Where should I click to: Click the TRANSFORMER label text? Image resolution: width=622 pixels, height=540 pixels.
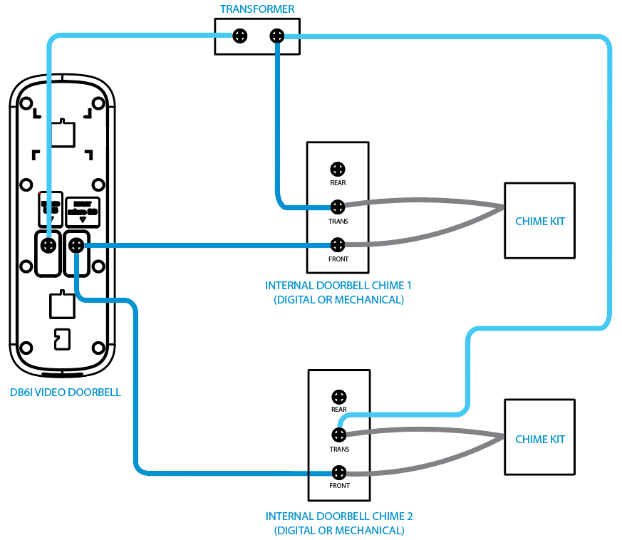257,9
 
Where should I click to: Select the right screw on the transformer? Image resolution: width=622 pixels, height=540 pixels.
276,36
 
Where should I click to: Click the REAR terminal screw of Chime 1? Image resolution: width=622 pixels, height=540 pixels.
338,169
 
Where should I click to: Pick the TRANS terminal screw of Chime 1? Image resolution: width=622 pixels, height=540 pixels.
338,207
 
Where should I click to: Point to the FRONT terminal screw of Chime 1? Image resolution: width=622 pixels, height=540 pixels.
338,246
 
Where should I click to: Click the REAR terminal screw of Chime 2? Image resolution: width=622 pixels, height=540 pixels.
339,396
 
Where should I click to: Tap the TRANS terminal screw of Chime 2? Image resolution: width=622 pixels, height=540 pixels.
339,434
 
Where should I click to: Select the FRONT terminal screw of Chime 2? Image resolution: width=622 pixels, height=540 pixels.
339,472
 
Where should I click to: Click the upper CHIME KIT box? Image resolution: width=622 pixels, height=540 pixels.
539,221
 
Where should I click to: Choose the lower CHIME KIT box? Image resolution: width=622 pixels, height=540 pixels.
539,439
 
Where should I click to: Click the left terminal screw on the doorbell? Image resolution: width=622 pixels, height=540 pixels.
48,246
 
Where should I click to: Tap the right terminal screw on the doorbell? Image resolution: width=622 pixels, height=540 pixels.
76,246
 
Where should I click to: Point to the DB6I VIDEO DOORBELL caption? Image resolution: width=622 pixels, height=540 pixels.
66,392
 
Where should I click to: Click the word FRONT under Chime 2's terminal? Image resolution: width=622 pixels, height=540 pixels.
339,486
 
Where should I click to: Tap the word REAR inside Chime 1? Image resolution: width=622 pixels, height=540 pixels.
338,183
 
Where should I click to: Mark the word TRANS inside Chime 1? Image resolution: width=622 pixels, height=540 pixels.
338,222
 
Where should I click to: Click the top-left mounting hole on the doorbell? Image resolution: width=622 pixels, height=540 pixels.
26,104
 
